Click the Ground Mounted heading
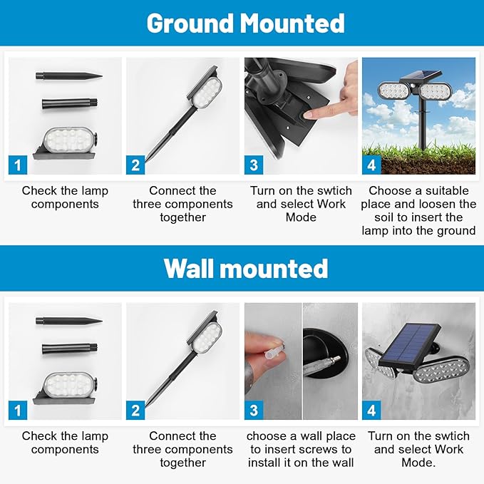tap(245, 24)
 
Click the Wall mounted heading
tap(246, 268)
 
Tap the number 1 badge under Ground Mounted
tap(18, 165)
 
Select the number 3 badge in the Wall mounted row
tap(254, 411)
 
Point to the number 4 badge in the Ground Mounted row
tap(371, 165)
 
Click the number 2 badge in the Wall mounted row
tap(135, 411)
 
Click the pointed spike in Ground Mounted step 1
tap(69, 76)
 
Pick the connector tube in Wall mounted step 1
tap(70, 349)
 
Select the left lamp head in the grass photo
tap(393, 91)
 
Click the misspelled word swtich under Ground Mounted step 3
tap(334, 191)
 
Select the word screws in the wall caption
tap(311, 449)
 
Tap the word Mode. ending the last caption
tap(418, 463)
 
